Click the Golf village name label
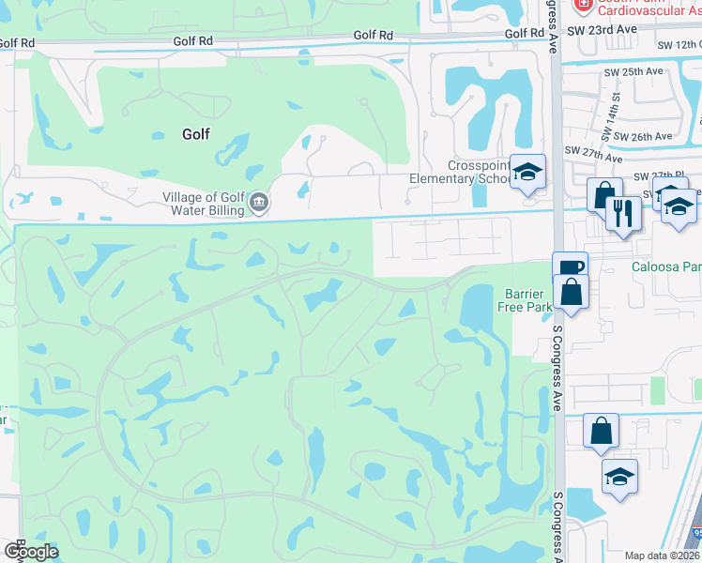click(195, 134)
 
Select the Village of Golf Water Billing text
click(203, 204)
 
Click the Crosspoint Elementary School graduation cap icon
click(528, 172)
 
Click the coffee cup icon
click(570, 266)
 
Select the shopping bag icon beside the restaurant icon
click(604, 194)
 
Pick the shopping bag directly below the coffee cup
click(570, 292)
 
